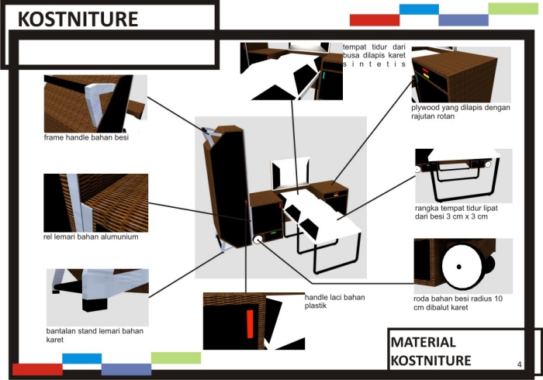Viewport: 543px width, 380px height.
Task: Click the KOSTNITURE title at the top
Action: pyautogui.click(x=78, y=19)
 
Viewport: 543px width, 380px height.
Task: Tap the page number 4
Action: pyautogui.click(x=518, y=363)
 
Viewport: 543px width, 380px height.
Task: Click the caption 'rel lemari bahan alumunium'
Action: pyautogui.click(x=92, y=237)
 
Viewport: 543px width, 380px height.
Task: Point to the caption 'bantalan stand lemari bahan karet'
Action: pyautogui.click(x=95, y=335)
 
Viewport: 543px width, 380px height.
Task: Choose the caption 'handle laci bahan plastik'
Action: pyautogui.click(x=334, y=301)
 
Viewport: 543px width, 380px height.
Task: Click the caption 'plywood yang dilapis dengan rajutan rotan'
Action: pyautogui.click(x=461, y=112)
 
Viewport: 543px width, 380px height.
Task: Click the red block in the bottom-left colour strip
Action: pyautogui.click(x=37, y=369)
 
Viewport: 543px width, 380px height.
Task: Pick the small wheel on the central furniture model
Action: pyautogui.click(x=256, y=240)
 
